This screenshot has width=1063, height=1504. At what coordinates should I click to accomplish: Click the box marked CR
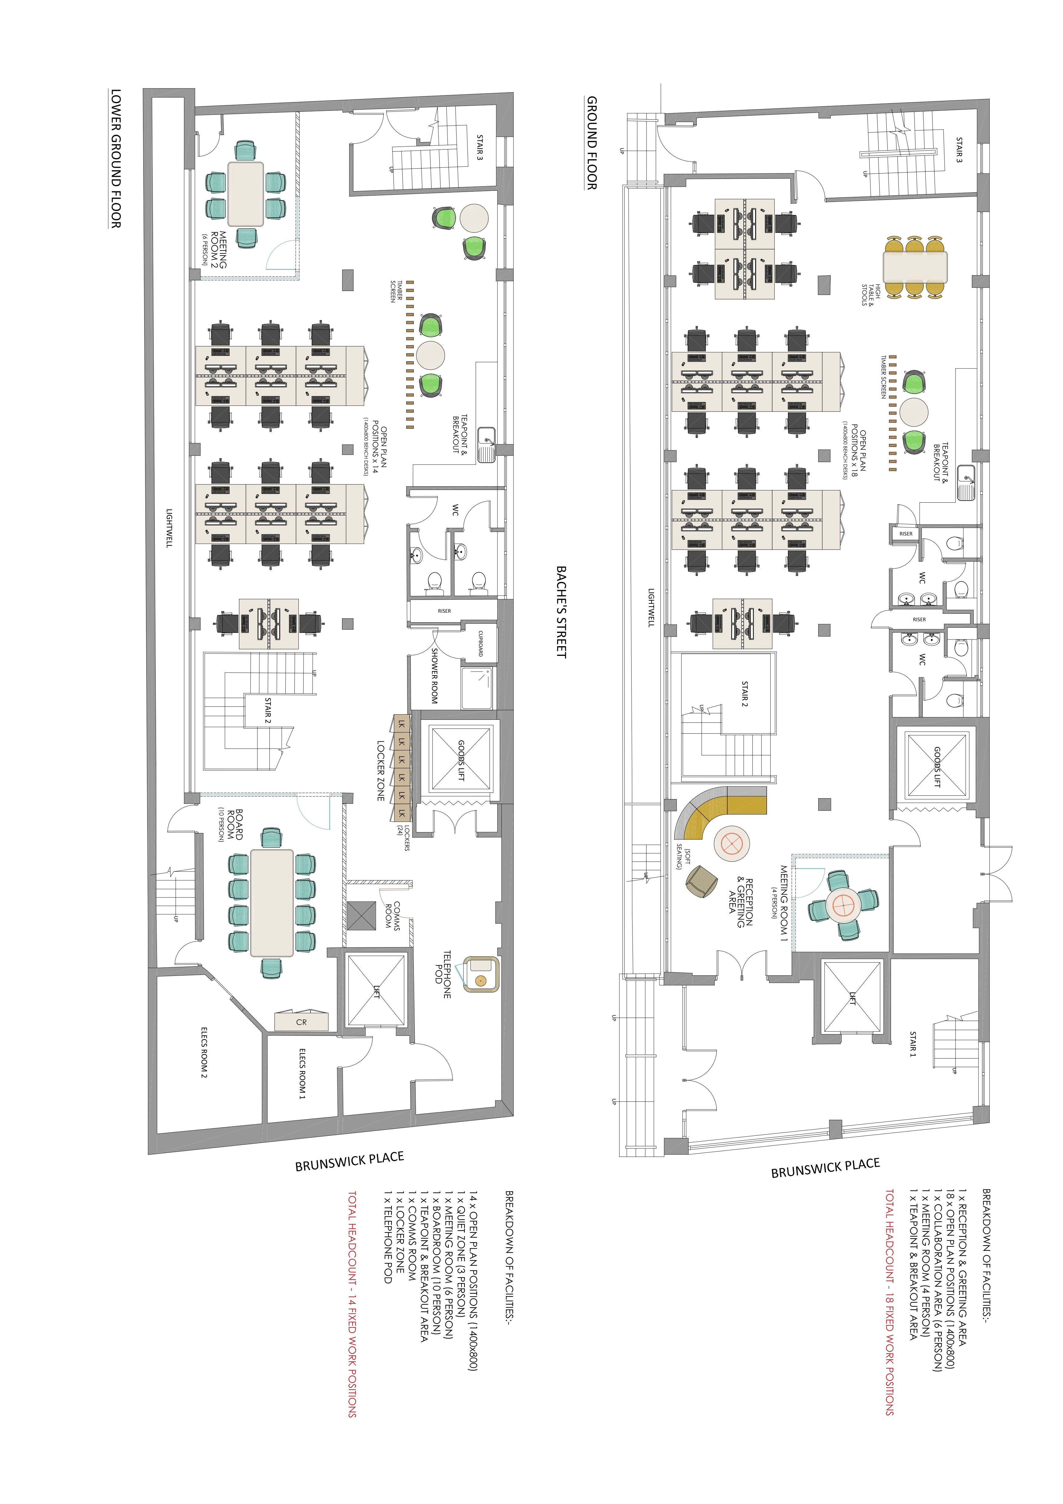[x=301, y=1022]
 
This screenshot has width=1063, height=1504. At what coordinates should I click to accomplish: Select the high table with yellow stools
[x=915, y=266]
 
